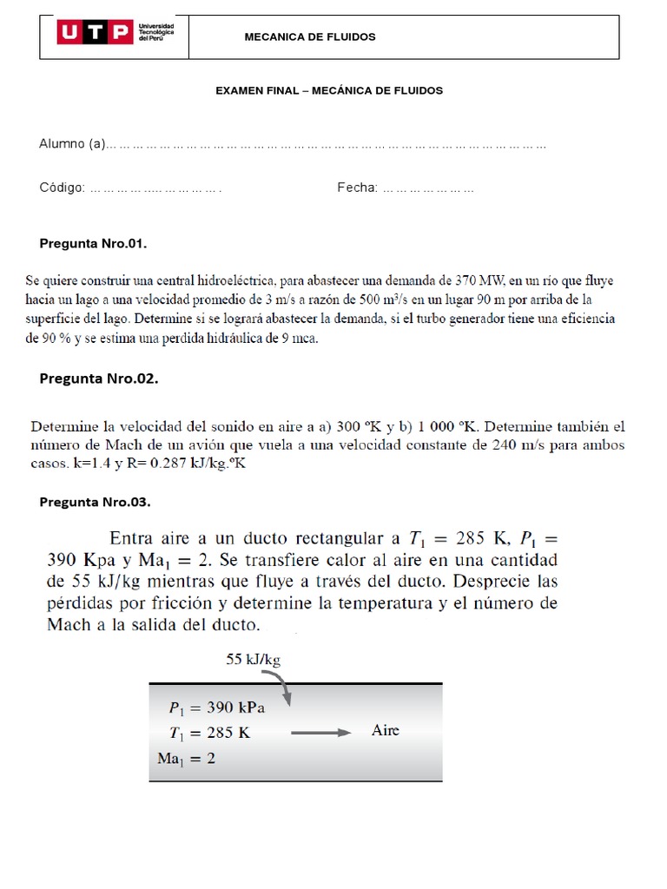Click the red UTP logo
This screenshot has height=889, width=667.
point(95,35)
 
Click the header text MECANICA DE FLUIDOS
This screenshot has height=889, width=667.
point(310,37)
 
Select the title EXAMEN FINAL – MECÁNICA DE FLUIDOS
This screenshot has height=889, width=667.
point(329,90)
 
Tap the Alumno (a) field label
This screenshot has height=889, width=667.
point(71,143)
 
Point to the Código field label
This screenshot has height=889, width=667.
point(62,188)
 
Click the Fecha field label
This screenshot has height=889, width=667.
point(357,188)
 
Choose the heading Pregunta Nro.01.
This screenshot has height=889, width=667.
point(94,243)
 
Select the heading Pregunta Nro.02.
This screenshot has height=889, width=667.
point(99,379)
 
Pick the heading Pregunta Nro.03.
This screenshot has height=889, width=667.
point(96,502)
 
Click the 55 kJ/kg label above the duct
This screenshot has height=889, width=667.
point(254,659)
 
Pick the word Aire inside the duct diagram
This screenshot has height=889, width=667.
point(386,730)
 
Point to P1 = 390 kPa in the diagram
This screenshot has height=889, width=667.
point(217,708)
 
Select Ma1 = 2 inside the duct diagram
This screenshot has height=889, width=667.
point(187,758)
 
